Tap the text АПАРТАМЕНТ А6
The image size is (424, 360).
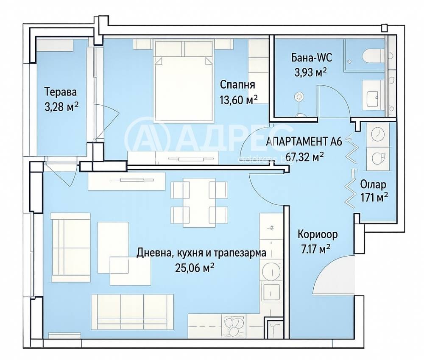point(304,142)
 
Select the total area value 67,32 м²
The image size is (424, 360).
point(304,156)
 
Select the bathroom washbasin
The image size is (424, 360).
point(373,95)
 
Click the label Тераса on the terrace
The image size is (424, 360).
point(61,92)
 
